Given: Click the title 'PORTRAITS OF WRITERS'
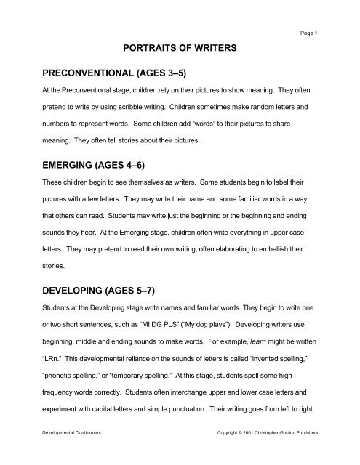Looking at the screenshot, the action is click(x=180, y=49).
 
